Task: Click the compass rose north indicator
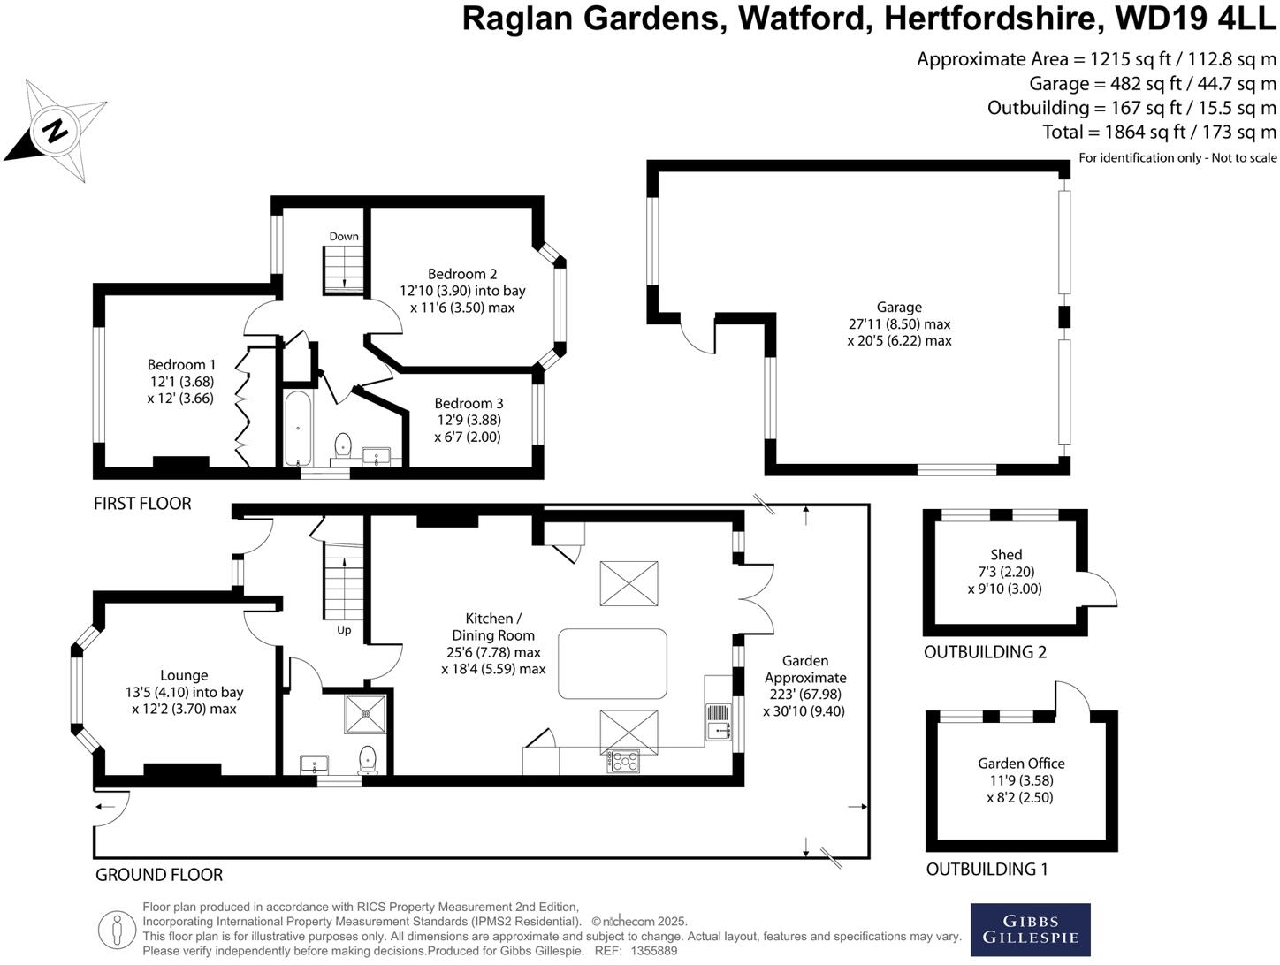55,131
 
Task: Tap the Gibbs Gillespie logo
1030,929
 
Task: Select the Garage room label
899,308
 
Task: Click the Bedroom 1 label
181,365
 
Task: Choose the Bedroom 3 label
469,403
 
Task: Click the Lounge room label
184,675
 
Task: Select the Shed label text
1006,555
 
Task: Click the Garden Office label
1021,764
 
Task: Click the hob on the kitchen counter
624,760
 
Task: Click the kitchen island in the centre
613,663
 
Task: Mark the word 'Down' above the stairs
344,236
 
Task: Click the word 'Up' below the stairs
344,630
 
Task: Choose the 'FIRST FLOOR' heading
142,504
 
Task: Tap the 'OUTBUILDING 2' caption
985,652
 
